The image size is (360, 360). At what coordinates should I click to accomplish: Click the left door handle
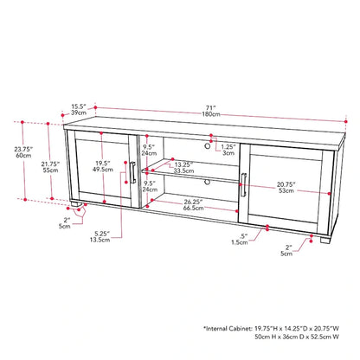tap(133, 172)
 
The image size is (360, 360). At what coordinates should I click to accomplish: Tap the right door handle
tap(243, 185)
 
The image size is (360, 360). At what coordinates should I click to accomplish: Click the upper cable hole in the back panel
tap(207, 146)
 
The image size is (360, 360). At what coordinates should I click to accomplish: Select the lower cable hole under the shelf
tap(207, 182)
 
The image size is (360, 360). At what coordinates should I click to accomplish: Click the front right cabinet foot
tap(325, 239)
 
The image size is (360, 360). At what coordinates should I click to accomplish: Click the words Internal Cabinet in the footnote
tap(228, 328)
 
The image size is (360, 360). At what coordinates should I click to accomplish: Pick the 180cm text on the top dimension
tap(211, 114)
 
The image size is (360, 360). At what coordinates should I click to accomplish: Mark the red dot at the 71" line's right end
tap(346, 122)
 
